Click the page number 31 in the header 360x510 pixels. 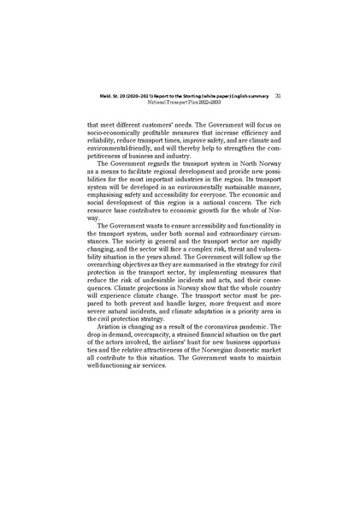[268, 96]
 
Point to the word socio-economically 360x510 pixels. [111, 134]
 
